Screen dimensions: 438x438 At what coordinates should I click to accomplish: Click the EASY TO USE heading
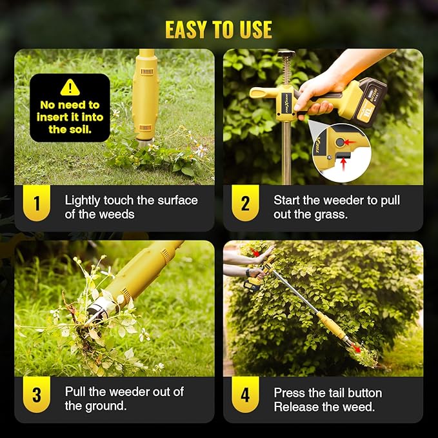pos(219,30)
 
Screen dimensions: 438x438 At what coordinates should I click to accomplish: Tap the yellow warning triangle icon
pos(70,88)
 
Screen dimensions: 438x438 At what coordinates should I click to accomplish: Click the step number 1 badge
pos(37,203)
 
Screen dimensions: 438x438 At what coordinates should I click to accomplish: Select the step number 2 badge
pos(245,203)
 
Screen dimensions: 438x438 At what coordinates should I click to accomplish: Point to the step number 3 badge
pos(37,395)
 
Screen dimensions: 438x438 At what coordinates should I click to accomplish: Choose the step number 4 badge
pos(245,395)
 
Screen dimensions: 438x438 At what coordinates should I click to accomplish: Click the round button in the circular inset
pos(340,143)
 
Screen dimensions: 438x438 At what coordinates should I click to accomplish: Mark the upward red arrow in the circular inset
pos(344,164)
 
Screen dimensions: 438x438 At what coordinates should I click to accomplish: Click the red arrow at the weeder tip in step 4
pos(355,348)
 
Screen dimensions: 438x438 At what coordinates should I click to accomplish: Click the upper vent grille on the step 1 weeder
pos(146,72)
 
